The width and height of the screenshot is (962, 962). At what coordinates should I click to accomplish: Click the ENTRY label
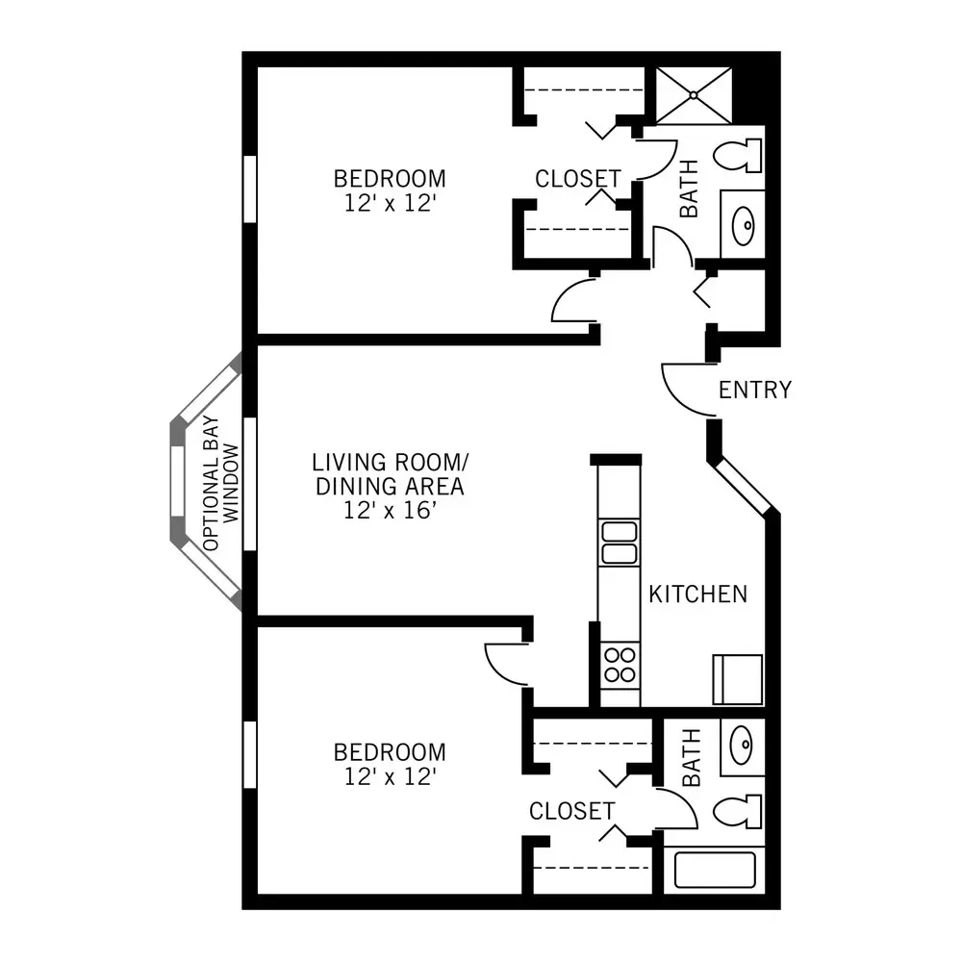pos(755,391)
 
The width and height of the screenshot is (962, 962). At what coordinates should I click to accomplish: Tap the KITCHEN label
pos(698,594)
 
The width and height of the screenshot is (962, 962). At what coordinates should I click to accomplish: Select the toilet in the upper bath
pos(738,155)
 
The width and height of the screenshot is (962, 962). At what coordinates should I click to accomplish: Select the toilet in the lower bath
pos(738,812)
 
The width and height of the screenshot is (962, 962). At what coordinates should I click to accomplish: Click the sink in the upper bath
pos(743,225)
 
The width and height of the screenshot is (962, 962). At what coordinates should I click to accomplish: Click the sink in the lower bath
pos(743,747)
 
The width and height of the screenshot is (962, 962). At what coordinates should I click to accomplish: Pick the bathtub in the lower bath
pos(715,870)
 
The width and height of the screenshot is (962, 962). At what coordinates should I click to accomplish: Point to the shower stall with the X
pos(694,95)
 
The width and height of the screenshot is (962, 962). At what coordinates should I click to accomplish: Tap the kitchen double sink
pos(619,543)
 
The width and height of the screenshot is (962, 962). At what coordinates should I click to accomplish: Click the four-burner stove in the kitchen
pos(620,666)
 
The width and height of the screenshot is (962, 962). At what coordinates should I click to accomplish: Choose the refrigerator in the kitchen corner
pos(738,680)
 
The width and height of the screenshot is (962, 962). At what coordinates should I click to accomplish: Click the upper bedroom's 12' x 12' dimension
pos(391,203)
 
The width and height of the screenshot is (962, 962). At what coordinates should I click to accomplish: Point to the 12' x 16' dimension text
pos(391,510)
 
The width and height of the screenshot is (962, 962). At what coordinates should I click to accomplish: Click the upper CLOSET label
pos(578,179)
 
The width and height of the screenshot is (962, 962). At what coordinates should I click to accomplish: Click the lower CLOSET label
pos(571,811)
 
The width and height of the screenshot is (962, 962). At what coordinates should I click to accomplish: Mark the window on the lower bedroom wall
pos(250,754)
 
